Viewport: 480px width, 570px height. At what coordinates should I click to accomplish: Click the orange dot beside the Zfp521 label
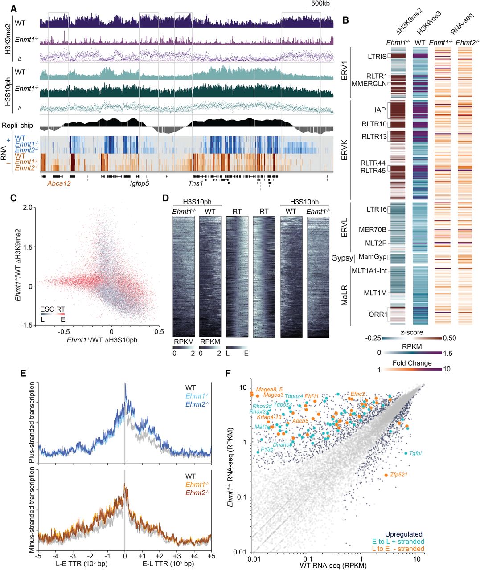click(x=386, y=475)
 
